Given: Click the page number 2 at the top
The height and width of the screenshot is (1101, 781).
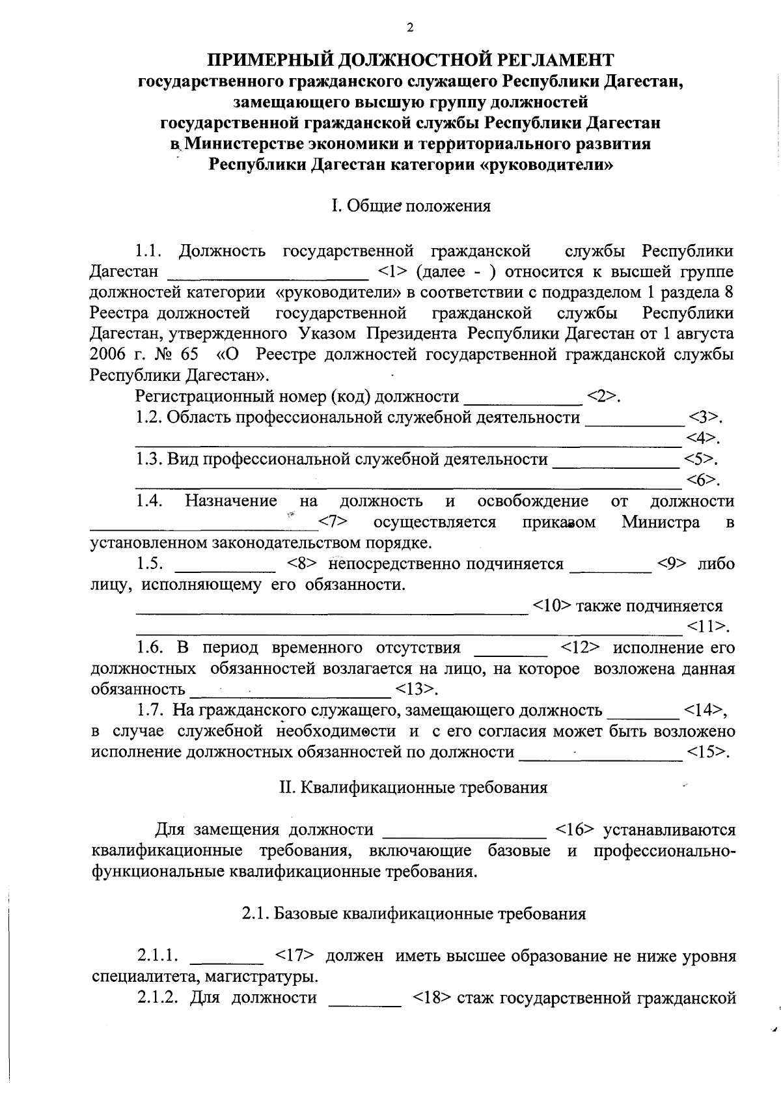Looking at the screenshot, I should click(x=409, y=27).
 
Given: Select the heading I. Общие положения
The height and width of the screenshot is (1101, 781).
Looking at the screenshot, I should click(x=410, y=206).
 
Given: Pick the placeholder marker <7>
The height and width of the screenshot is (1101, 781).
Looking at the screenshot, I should click(x=333, y=522).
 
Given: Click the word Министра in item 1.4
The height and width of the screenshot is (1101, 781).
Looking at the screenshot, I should click(x=660, y=522).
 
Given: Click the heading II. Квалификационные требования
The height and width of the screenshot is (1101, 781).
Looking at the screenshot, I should click(x=413, y=787).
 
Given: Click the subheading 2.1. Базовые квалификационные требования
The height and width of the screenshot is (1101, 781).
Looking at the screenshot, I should click(x=413, y=913).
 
